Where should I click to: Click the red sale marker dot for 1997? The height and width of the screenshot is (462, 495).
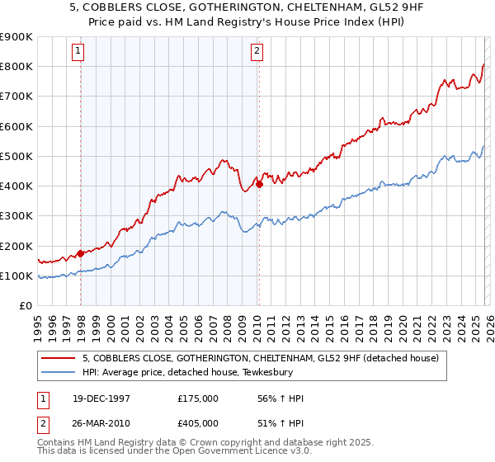[80, 253]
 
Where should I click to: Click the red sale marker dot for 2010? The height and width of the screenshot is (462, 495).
[259, 185]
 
